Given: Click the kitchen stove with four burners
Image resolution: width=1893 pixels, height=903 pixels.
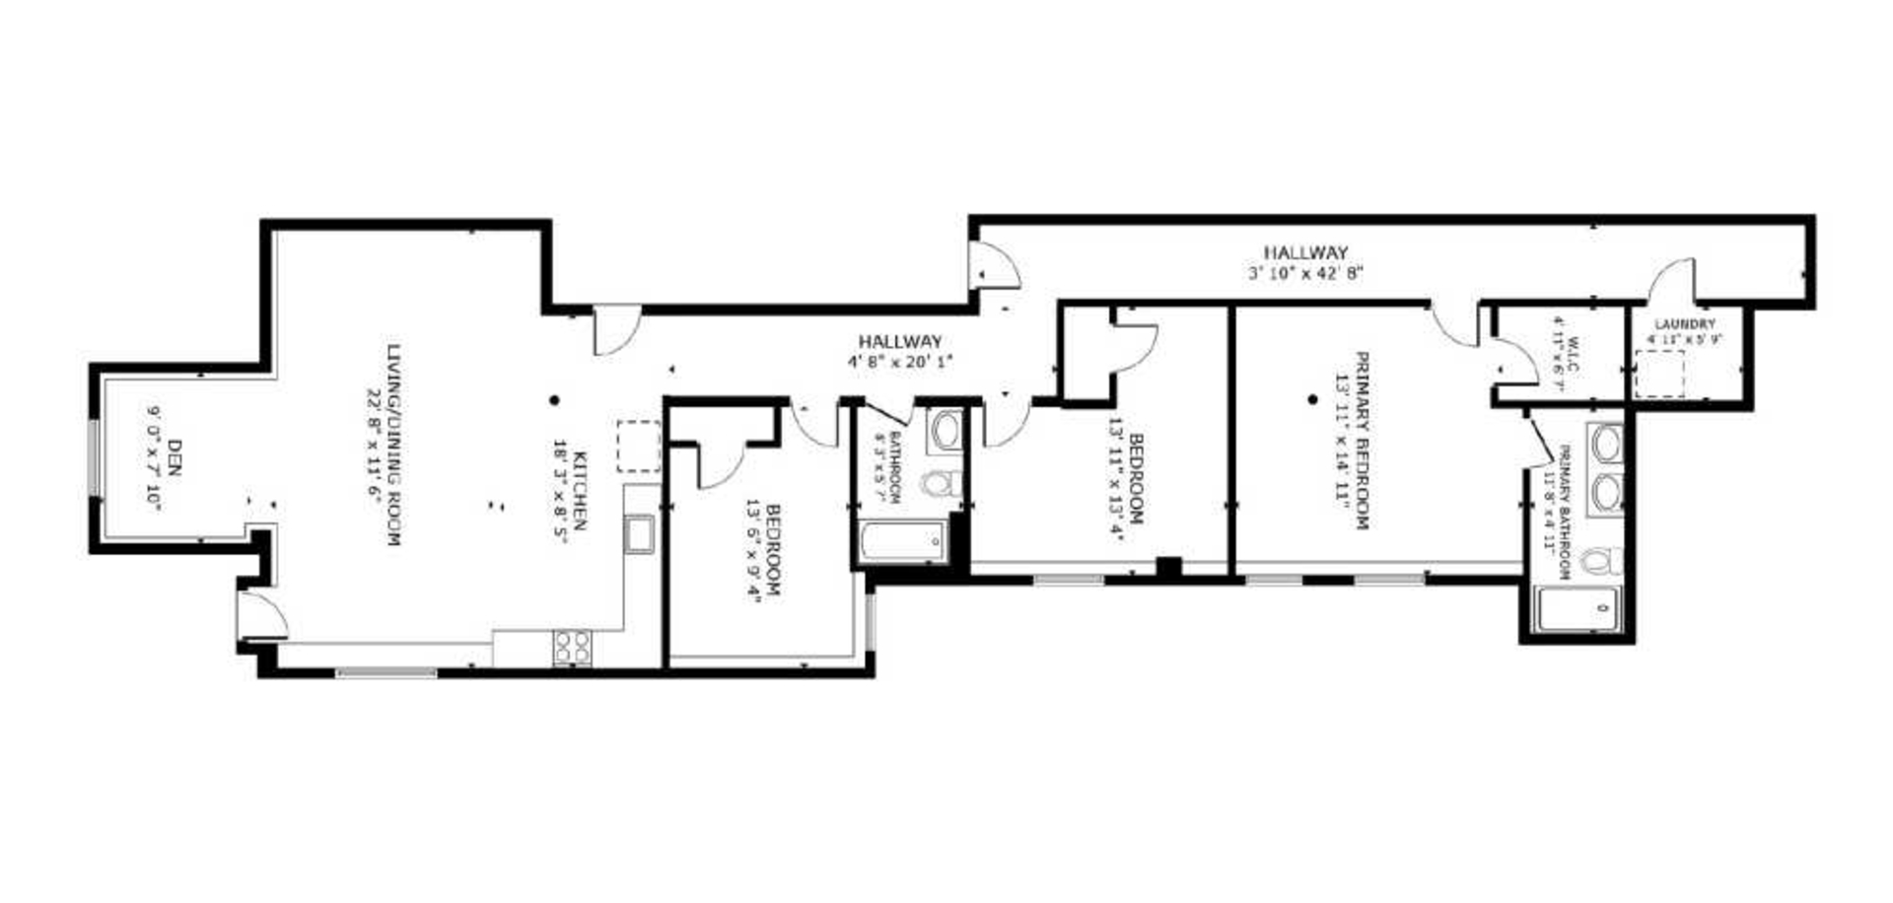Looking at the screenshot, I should [573, 648].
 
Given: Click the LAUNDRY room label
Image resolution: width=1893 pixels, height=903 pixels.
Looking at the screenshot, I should [1684, 324].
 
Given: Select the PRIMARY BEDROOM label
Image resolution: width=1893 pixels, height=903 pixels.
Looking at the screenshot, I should [1362, 441].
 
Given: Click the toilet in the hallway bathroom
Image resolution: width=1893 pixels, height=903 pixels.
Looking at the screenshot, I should [942, 484].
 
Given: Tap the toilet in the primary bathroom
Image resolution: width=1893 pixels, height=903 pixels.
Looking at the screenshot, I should [1600, 562].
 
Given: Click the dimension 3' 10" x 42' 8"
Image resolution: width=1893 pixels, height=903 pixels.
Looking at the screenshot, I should [1306, 273].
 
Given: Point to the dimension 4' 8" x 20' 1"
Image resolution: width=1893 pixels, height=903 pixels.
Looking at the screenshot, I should [899, 361].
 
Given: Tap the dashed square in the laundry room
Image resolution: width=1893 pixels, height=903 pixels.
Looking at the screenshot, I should [1659, 375].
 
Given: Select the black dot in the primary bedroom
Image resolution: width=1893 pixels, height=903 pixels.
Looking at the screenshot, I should [1312, 400].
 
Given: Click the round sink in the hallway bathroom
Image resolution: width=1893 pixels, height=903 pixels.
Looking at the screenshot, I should [946, 431].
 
